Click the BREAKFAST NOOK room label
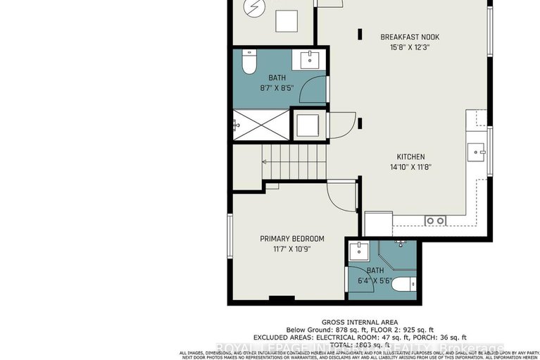click(404, 37)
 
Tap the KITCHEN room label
click(410, 157)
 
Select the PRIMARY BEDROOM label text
click(291, 239)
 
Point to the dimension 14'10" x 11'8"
click(410, 168)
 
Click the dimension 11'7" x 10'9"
click(291, 249)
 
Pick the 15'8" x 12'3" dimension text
click(404, 47)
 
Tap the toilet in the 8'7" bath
click(248, 64)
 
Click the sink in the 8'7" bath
click(310, 61)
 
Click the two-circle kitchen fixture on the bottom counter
click(434, 221)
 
